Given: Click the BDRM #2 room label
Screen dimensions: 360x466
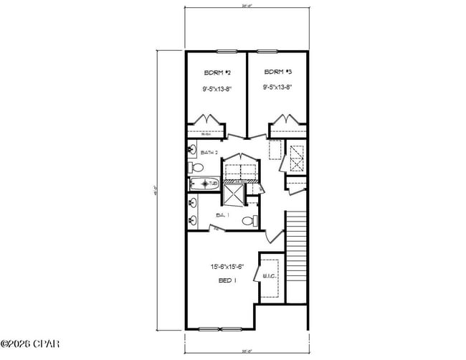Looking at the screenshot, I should (217, 72).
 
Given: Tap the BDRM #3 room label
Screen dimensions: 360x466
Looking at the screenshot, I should (277, 72).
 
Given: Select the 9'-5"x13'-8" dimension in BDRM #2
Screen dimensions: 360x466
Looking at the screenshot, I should (217, 89).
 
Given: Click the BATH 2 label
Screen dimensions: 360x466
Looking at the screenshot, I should (209, 153).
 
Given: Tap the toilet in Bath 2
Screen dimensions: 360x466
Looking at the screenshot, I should (194, 168).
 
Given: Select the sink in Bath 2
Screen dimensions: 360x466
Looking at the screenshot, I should (192, 150).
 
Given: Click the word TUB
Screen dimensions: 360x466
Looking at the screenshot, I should (213, 184).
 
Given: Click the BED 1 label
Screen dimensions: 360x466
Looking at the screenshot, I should (227, 280).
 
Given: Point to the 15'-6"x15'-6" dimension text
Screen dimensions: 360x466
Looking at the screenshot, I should (227, 267).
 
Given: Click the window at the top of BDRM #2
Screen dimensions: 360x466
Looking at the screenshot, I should (227, 51).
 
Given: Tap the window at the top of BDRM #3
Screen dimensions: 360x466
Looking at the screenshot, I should (267, 51).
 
